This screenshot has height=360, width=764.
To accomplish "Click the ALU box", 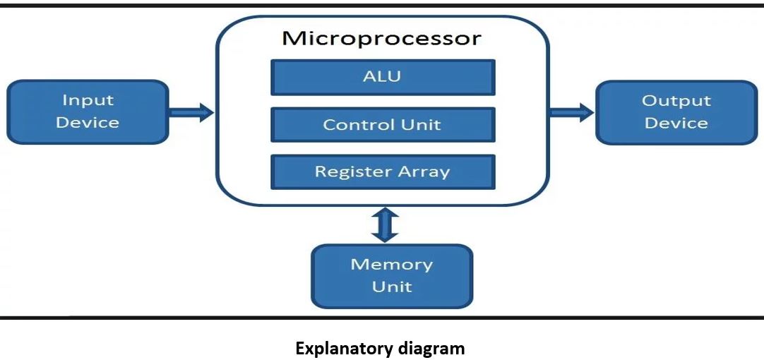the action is [383, 77].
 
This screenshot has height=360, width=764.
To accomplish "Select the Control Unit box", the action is [383, 125].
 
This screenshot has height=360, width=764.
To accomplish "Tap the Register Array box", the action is [383, 172].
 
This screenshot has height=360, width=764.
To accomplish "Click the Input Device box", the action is [88, 112].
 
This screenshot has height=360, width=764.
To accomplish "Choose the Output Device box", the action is [676, 112].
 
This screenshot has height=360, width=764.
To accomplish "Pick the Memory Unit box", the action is [392, 276].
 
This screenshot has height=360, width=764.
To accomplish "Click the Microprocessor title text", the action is [381, 39].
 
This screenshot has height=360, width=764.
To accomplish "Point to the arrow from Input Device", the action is [191, 112].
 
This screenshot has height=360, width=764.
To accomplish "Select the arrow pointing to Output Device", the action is [572, 112].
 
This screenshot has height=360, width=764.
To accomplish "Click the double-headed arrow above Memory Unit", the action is [385, 225].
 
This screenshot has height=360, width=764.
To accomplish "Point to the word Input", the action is [88, 101].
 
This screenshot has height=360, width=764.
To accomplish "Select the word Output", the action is [676, 102].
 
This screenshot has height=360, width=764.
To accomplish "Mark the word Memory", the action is [392, 265].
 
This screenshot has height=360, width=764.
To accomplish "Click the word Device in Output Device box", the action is [676, 123].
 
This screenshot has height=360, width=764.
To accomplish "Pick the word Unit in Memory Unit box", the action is [392, 287].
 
